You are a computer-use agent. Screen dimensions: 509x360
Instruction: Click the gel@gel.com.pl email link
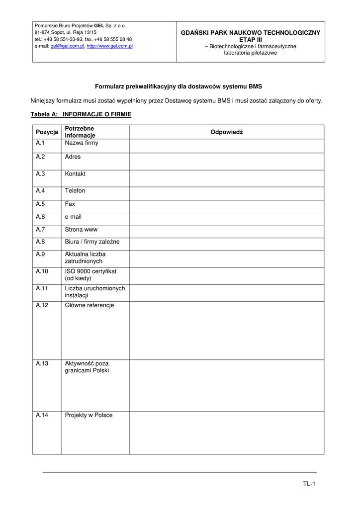pos(67,46)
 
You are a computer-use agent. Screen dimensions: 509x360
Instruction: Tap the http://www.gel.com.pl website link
pos(109,46)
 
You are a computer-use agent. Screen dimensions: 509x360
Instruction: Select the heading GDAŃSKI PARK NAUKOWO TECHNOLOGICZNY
pos(250,32)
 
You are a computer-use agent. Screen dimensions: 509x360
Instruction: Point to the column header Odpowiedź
pos(226,132)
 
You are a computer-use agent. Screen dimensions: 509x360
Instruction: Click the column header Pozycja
pos(47,132)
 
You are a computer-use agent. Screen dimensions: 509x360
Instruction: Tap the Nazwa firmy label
pos(82,143)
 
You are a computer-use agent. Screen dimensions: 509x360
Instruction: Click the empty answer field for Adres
pos(226,162)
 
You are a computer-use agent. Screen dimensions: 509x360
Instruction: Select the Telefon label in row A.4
pos(75,191)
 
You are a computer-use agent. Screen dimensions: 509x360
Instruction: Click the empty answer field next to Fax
pos(226,207)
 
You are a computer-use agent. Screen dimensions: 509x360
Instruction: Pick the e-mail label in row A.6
pos(73,217)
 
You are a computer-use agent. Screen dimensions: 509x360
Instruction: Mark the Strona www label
pos(81,230)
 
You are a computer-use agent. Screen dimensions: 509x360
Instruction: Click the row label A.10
pos(42,271)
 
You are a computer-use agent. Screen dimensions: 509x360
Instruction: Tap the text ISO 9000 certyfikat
pos(90,271)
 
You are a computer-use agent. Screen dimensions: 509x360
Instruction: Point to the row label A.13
pos(42,363)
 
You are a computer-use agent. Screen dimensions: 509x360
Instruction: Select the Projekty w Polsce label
pos(89,415)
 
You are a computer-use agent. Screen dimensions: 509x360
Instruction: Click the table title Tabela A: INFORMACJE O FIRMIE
pos(81,114)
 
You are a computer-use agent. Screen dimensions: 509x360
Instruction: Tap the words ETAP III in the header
pos(250,39)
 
